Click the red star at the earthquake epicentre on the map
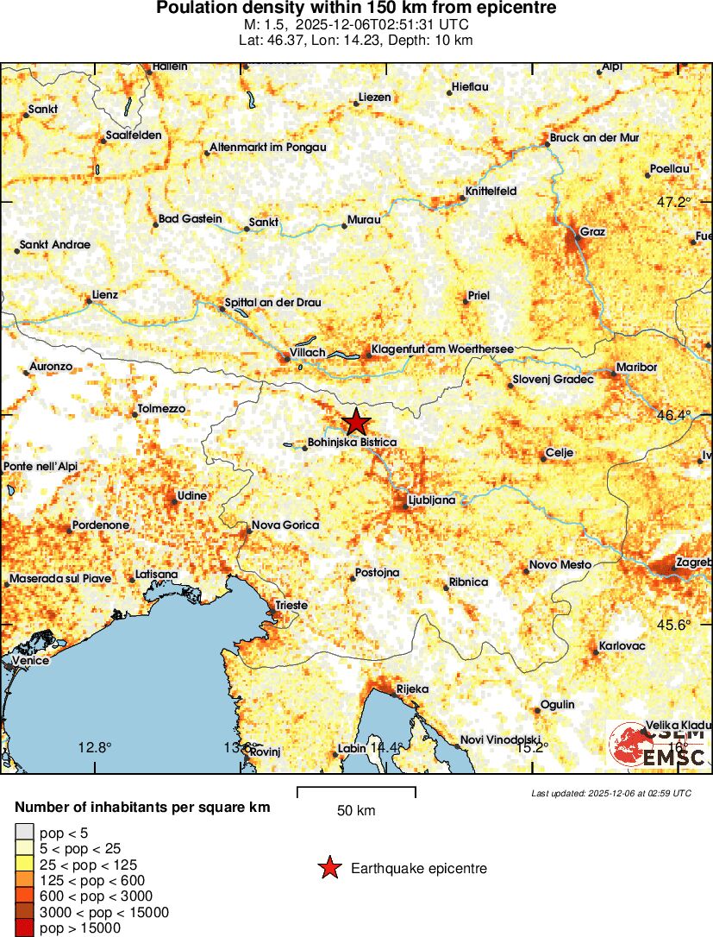[x=355, y=423]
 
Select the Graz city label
[x=592, y=232]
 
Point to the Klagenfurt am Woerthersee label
[x=441, y=349]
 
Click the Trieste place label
[x=291, y=606]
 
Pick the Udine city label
[x=191, y=496]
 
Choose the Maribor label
[x=636, y=368]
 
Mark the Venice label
[x=31, y=661]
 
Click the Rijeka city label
[x=411, y=689]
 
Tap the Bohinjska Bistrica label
[x=352, y=443]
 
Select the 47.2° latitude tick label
[x=673, y=203]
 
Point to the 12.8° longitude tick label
[x=94, y=747]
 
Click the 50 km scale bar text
[x=355, y=810]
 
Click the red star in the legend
[x=328, y=868]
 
